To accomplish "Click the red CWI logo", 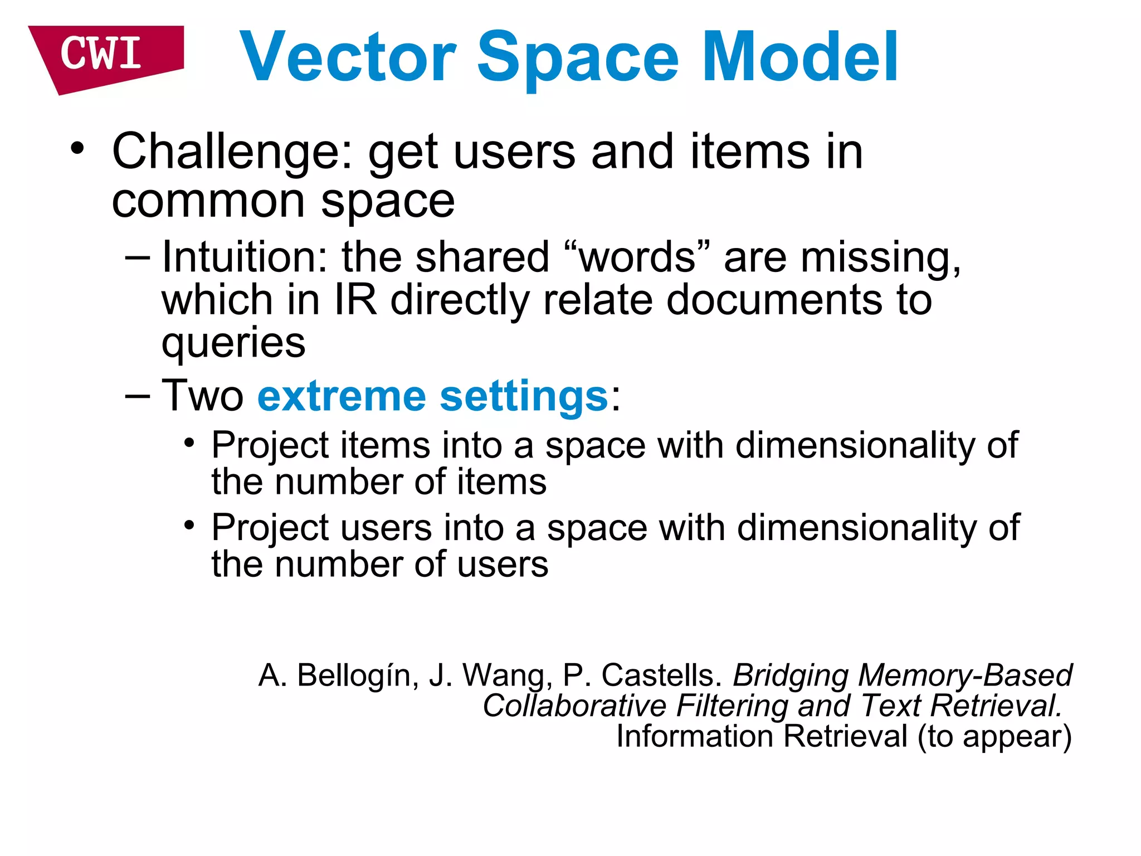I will point(103,56).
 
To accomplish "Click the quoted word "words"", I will point(637,257).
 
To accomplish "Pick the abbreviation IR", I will point(355,300).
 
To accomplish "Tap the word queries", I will point(233,343).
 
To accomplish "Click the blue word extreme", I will point(341,396).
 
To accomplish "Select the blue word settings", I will point(524,396).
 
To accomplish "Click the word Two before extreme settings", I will point(202,396).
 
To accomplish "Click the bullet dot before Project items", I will point(189,444).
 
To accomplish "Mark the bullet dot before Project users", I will point(189,526).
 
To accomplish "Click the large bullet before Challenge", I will point(77,149).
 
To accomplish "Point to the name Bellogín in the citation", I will point(357,675).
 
